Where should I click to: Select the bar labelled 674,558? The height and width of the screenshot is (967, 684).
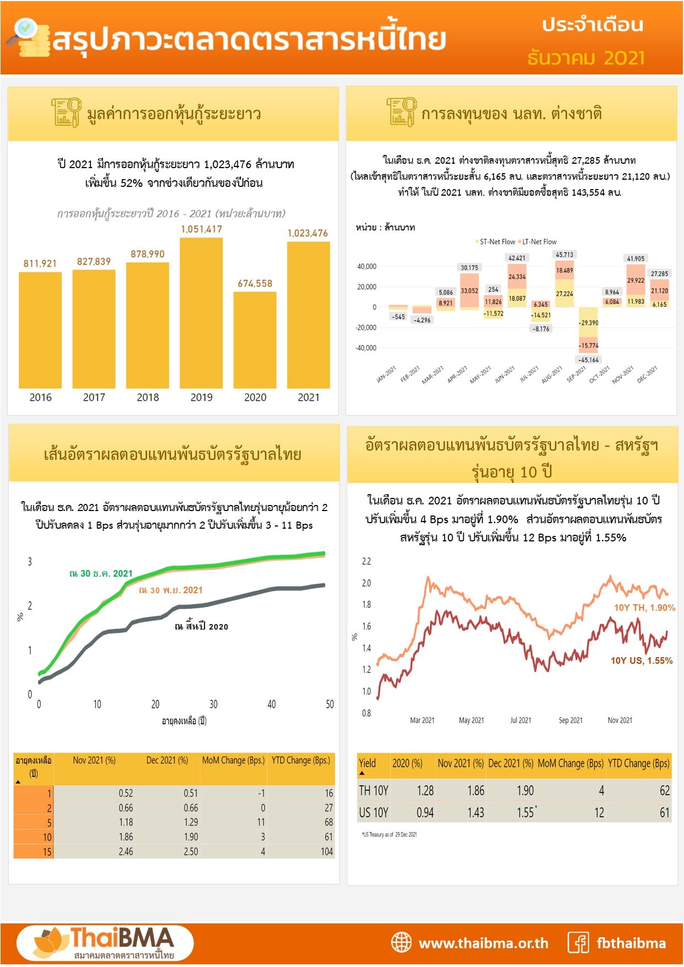[255, 340]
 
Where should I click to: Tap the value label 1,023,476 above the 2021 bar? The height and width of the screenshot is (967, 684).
[307, 233]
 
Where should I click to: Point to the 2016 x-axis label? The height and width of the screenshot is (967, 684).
[40, 397]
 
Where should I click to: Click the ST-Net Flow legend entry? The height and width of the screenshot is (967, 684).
[496, 242]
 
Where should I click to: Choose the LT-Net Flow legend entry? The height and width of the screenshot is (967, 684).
[538, 242]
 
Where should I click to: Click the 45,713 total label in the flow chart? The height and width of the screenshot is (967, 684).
[564, 255]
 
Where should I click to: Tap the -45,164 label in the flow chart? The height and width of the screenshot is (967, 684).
[589, 360]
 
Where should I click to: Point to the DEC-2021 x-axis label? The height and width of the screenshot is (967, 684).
[647, 374]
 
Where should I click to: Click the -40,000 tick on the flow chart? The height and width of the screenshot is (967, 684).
[366, 348]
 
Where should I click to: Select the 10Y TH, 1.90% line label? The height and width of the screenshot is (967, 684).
[644, 608]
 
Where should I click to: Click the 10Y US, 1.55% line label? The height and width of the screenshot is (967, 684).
[641, 660]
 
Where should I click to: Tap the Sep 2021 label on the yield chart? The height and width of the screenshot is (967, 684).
[570, 721]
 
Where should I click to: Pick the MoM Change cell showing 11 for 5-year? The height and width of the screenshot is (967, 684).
[261, 822]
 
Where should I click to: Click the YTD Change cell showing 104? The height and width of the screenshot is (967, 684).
[327, 852]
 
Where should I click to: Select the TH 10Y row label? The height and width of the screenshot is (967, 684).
[373, 791]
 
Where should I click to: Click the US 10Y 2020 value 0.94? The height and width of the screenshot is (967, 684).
[425, 813]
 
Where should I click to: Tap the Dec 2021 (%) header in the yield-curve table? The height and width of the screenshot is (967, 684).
[167, 760]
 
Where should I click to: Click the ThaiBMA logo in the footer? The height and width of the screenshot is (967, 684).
[105, 943]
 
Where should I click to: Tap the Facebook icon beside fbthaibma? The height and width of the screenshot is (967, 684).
[578, 943]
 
